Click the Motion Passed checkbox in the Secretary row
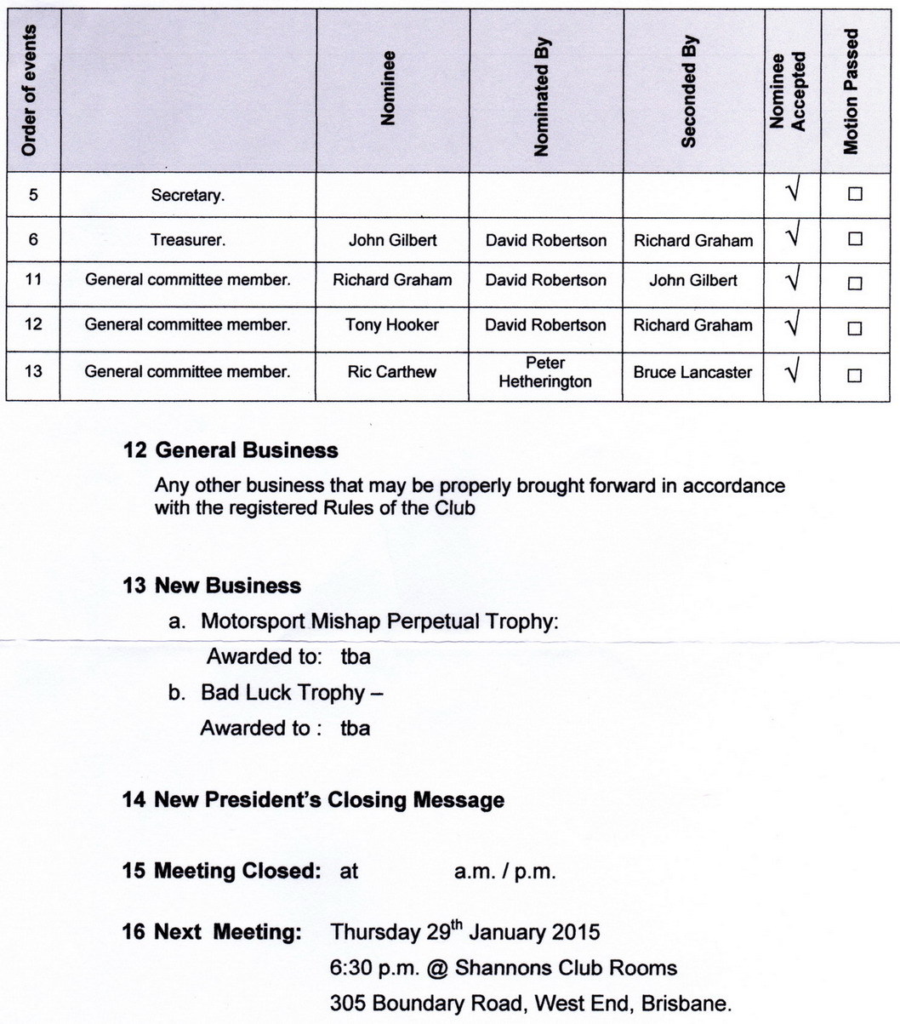(855, 194)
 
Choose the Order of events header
(30, 90)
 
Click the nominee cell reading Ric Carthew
(392, 372)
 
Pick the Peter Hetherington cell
(545, 373)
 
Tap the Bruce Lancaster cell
(692, 372)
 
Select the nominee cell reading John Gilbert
(392, 240)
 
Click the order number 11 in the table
(33, 280)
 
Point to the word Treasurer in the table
(188, 240)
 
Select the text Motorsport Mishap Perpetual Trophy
(379, 621)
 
